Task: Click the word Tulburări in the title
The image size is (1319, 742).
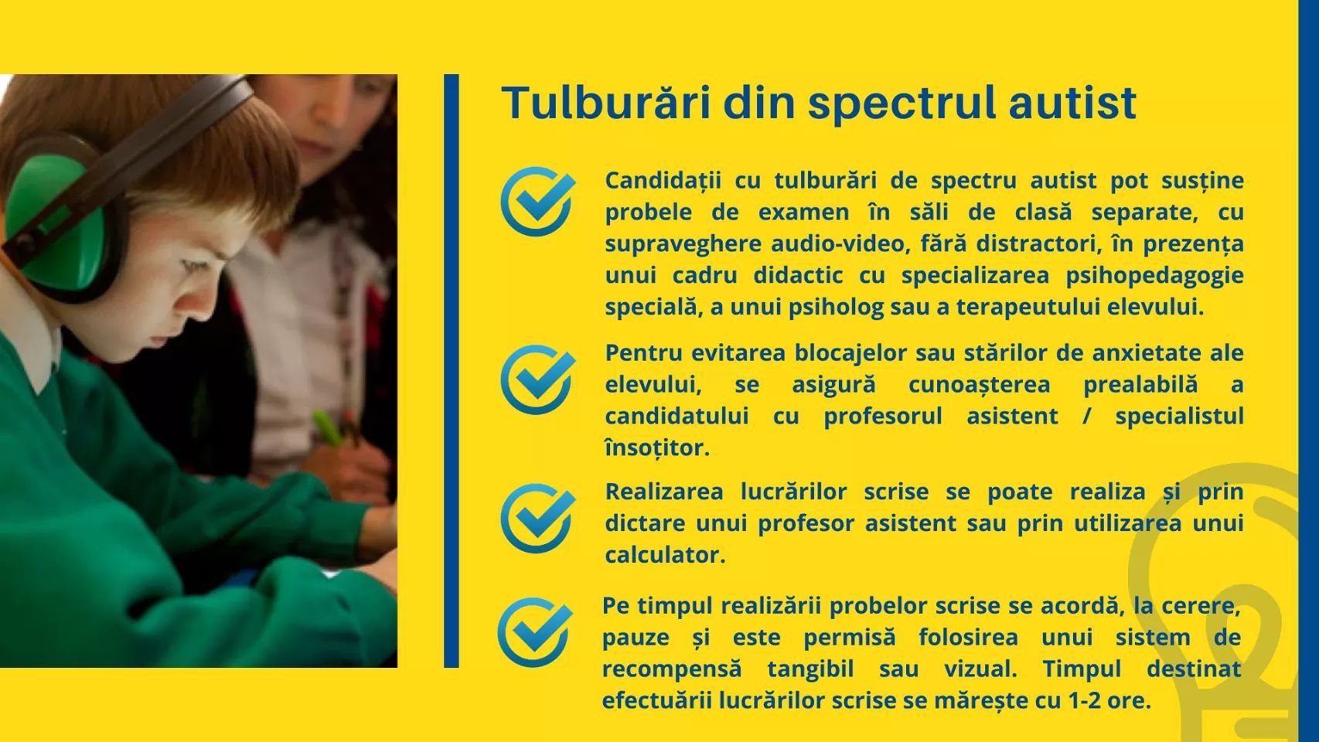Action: (606, 102)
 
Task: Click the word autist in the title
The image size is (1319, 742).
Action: (1072, 103)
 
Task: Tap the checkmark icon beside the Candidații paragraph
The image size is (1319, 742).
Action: (537, 202)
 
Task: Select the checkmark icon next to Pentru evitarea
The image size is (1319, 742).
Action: (537, 380)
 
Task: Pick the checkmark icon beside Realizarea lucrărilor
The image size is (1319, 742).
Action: (537, 518)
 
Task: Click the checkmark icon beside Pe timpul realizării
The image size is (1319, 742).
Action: (535, 632)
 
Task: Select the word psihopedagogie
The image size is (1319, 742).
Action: (1155, 276)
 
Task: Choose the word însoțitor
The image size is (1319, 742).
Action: (657, 448)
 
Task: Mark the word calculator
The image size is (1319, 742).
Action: (665, 555)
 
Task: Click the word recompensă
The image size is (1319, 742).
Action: (671, 669)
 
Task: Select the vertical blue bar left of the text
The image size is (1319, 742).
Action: (451, 371)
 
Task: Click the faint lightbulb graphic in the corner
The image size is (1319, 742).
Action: (1225, 607)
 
